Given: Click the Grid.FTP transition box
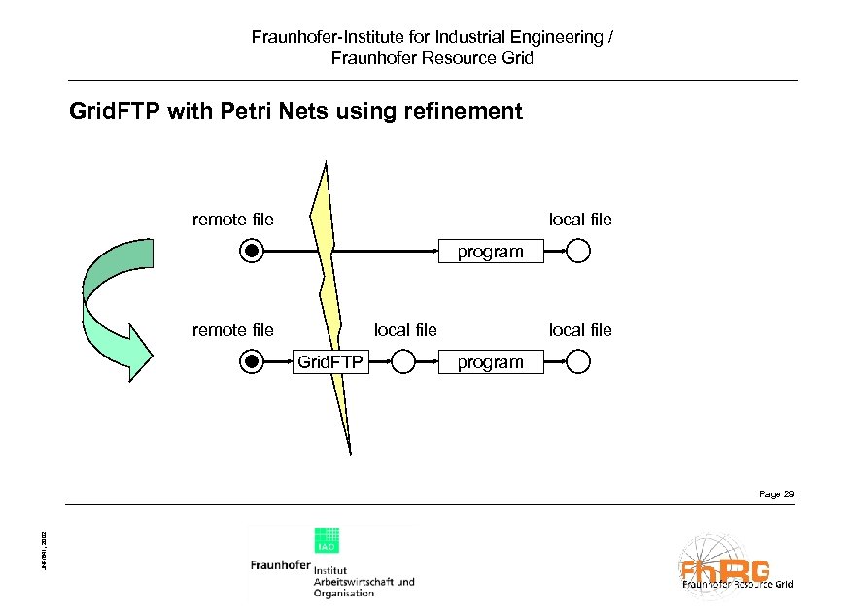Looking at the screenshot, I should [329, 362].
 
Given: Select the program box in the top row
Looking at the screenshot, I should [490, 252].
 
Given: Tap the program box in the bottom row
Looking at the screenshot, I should [490, 362].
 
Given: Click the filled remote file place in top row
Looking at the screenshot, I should [252, 252].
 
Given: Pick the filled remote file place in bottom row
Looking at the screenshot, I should [252, 362].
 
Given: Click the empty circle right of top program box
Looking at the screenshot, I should [578, 252].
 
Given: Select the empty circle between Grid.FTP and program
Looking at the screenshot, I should [403, 362].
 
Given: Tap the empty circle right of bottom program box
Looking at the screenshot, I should [578, 362].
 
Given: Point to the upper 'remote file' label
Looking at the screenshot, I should [233, 220].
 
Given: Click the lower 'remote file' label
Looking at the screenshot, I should [233, 330].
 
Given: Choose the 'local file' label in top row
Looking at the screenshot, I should [580, 220].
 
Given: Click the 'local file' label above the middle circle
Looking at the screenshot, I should [405, 330].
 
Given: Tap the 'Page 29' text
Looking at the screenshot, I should [776, 494].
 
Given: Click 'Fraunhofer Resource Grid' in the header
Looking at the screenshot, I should [433, 58].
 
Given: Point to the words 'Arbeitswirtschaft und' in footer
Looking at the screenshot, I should [364, 581].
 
